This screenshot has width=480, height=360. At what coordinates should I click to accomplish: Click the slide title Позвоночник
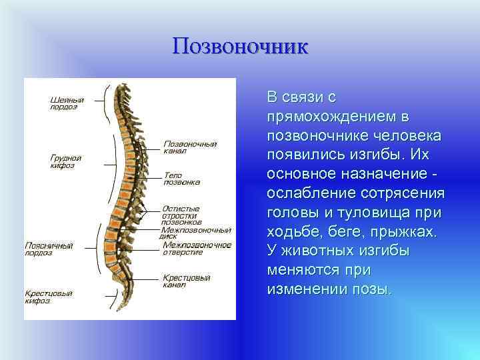pos(240,46)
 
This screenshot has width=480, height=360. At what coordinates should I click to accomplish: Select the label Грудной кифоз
pos(65,161)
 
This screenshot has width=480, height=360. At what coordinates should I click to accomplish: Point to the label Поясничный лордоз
pos(49,249)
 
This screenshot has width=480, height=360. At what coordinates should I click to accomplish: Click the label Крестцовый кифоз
pos(49,297)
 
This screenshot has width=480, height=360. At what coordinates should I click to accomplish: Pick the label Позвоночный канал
pos(189,147)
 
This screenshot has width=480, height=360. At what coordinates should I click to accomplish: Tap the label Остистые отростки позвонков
pos(181,215)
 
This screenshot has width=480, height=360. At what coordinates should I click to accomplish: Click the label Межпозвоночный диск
pos(195,233)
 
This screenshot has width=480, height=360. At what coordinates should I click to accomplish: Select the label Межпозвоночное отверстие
pos(197,249)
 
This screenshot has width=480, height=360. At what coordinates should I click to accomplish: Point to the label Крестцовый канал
pos(187,281)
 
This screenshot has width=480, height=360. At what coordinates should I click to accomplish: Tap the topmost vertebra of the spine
pos(120,88)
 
